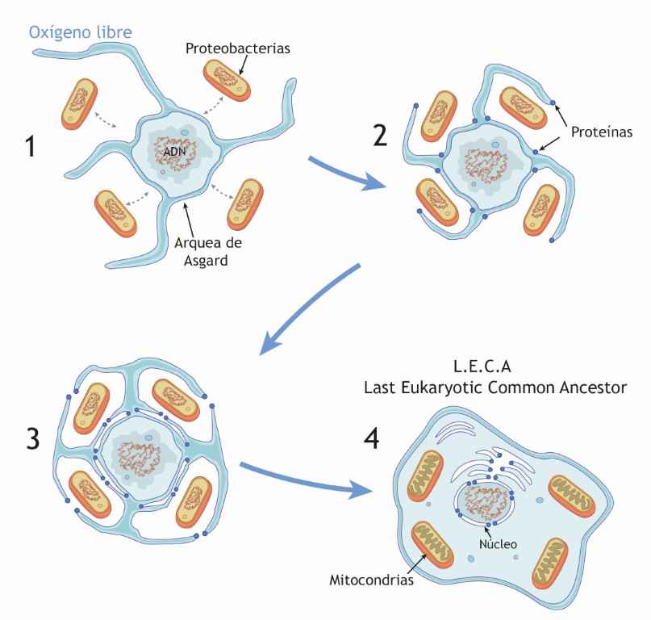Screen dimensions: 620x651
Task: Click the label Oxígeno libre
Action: click(81, 33)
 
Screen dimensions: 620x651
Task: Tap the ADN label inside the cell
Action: click(175, 151)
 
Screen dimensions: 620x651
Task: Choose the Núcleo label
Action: click(497, 544)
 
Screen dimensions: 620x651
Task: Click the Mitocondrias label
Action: click(371, 580)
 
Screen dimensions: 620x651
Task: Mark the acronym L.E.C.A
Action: click(495, 366)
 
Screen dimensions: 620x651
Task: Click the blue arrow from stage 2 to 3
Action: click(311, 311)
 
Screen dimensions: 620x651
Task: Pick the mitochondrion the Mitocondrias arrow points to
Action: click(438, 551)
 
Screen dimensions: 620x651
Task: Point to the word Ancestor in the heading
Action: click(593, 387)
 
